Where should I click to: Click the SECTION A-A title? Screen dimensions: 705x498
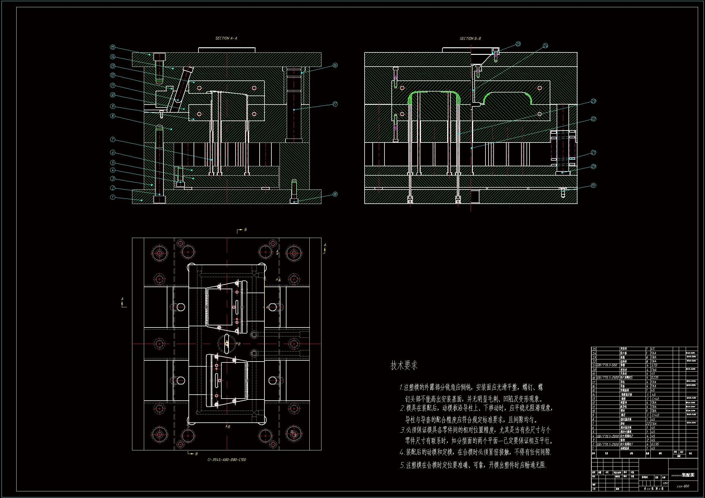[226, 38]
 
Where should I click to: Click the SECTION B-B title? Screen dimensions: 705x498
[470, 39]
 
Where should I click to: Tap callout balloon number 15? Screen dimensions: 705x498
[113, 47]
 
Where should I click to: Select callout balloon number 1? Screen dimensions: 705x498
[113, 197]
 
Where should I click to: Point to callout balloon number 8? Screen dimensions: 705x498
[113, 116]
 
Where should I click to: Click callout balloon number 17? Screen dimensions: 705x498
[335, 104]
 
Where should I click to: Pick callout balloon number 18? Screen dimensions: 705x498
[335, 194]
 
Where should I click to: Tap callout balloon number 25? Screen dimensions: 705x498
[518, 44]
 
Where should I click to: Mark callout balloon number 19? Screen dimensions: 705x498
[593, 185]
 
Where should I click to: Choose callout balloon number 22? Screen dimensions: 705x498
[593, 119]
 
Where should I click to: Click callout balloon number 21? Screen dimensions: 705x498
[593, 152]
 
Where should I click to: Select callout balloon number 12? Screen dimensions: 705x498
[113, 75]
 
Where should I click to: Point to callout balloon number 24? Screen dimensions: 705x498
[545, 46]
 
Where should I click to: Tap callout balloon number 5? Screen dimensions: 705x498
[113, 163]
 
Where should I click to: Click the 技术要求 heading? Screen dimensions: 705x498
[404, 365]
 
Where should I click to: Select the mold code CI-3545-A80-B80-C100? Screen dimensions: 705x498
[227, 460]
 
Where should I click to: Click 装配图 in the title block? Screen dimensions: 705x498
[688, 475]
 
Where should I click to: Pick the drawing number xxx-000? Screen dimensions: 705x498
[683, 486]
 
